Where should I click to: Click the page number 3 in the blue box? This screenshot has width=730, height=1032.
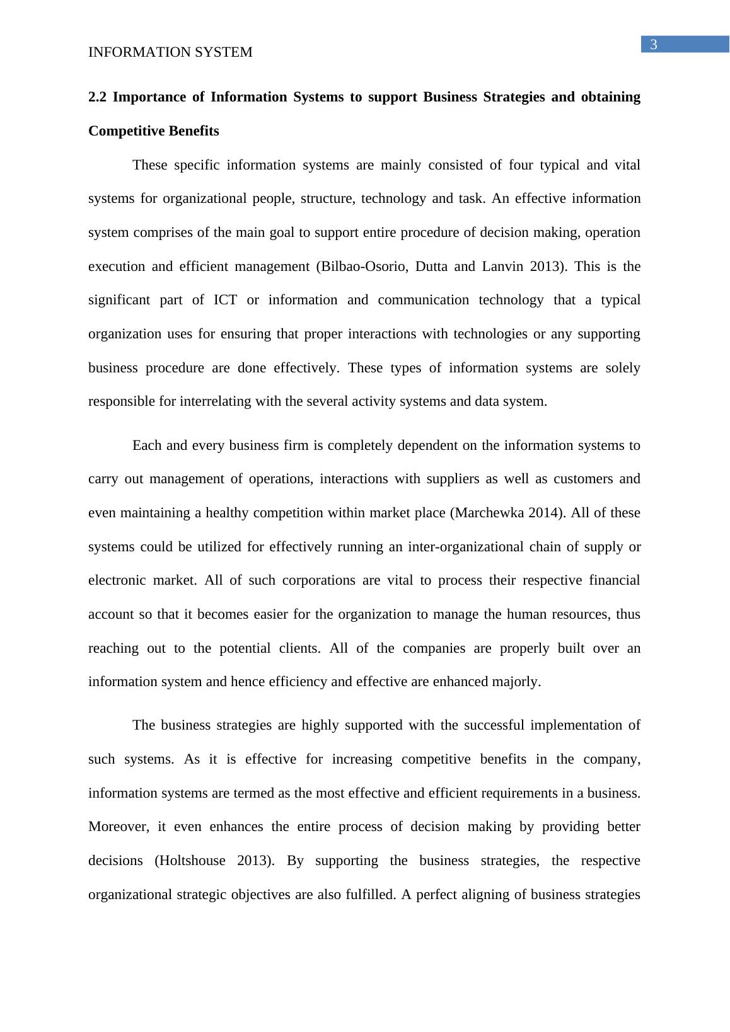pyautogui.click(x=654, y=44)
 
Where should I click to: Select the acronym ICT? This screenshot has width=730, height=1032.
pyautogui.click(x=225, y=300)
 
